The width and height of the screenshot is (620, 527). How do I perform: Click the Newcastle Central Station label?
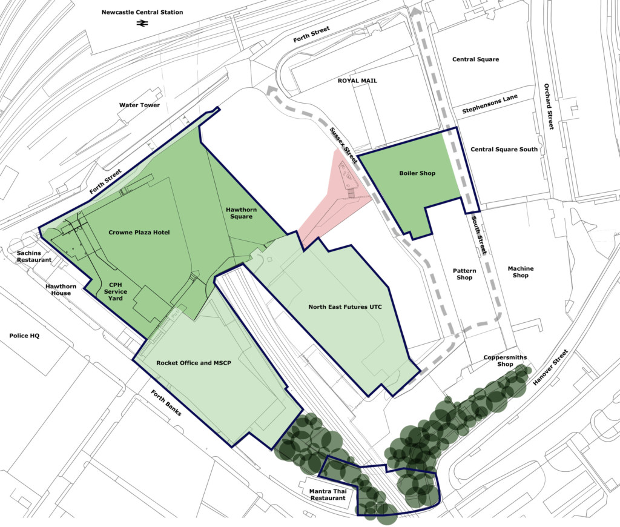142,12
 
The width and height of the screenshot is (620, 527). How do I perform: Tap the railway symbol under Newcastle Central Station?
142,24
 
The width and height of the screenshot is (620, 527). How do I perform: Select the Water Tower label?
139,105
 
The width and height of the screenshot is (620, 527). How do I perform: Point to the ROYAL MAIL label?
357,81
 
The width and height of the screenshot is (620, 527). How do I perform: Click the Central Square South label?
504,150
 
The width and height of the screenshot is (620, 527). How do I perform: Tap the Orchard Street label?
549,107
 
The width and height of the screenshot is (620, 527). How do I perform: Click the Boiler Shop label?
417,174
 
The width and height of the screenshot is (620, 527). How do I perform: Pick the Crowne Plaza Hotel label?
139,233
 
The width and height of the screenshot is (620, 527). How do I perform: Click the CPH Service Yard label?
115,291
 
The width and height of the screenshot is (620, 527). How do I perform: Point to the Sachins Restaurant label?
34,256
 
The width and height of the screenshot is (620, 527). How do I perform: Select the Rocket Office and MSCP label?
193,363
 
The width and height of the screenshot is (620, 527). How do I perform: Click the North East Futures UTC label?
345,307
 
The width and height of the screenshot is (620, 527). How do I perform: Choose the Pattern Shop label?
464,274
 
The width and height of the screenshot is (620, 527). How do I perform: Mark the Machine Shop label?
521,271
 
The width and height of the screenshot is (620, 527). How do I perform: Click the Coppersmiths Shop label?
505,360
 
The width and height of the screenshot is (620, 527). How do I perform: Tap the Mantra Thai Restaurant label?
328,494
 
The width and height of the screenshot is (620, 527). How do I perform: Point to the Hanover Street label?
551,368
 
